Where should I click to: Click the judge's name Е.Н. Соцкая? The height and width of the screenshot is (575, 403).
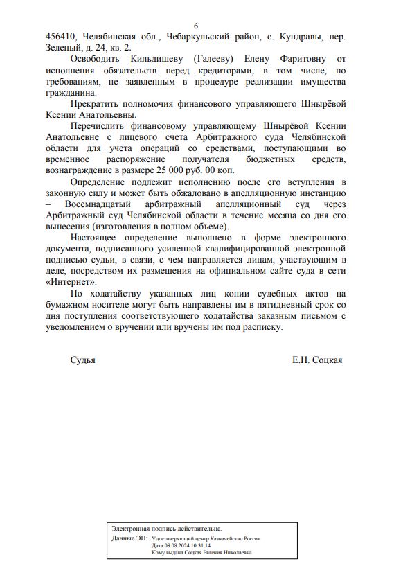[x=317, y=360]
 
